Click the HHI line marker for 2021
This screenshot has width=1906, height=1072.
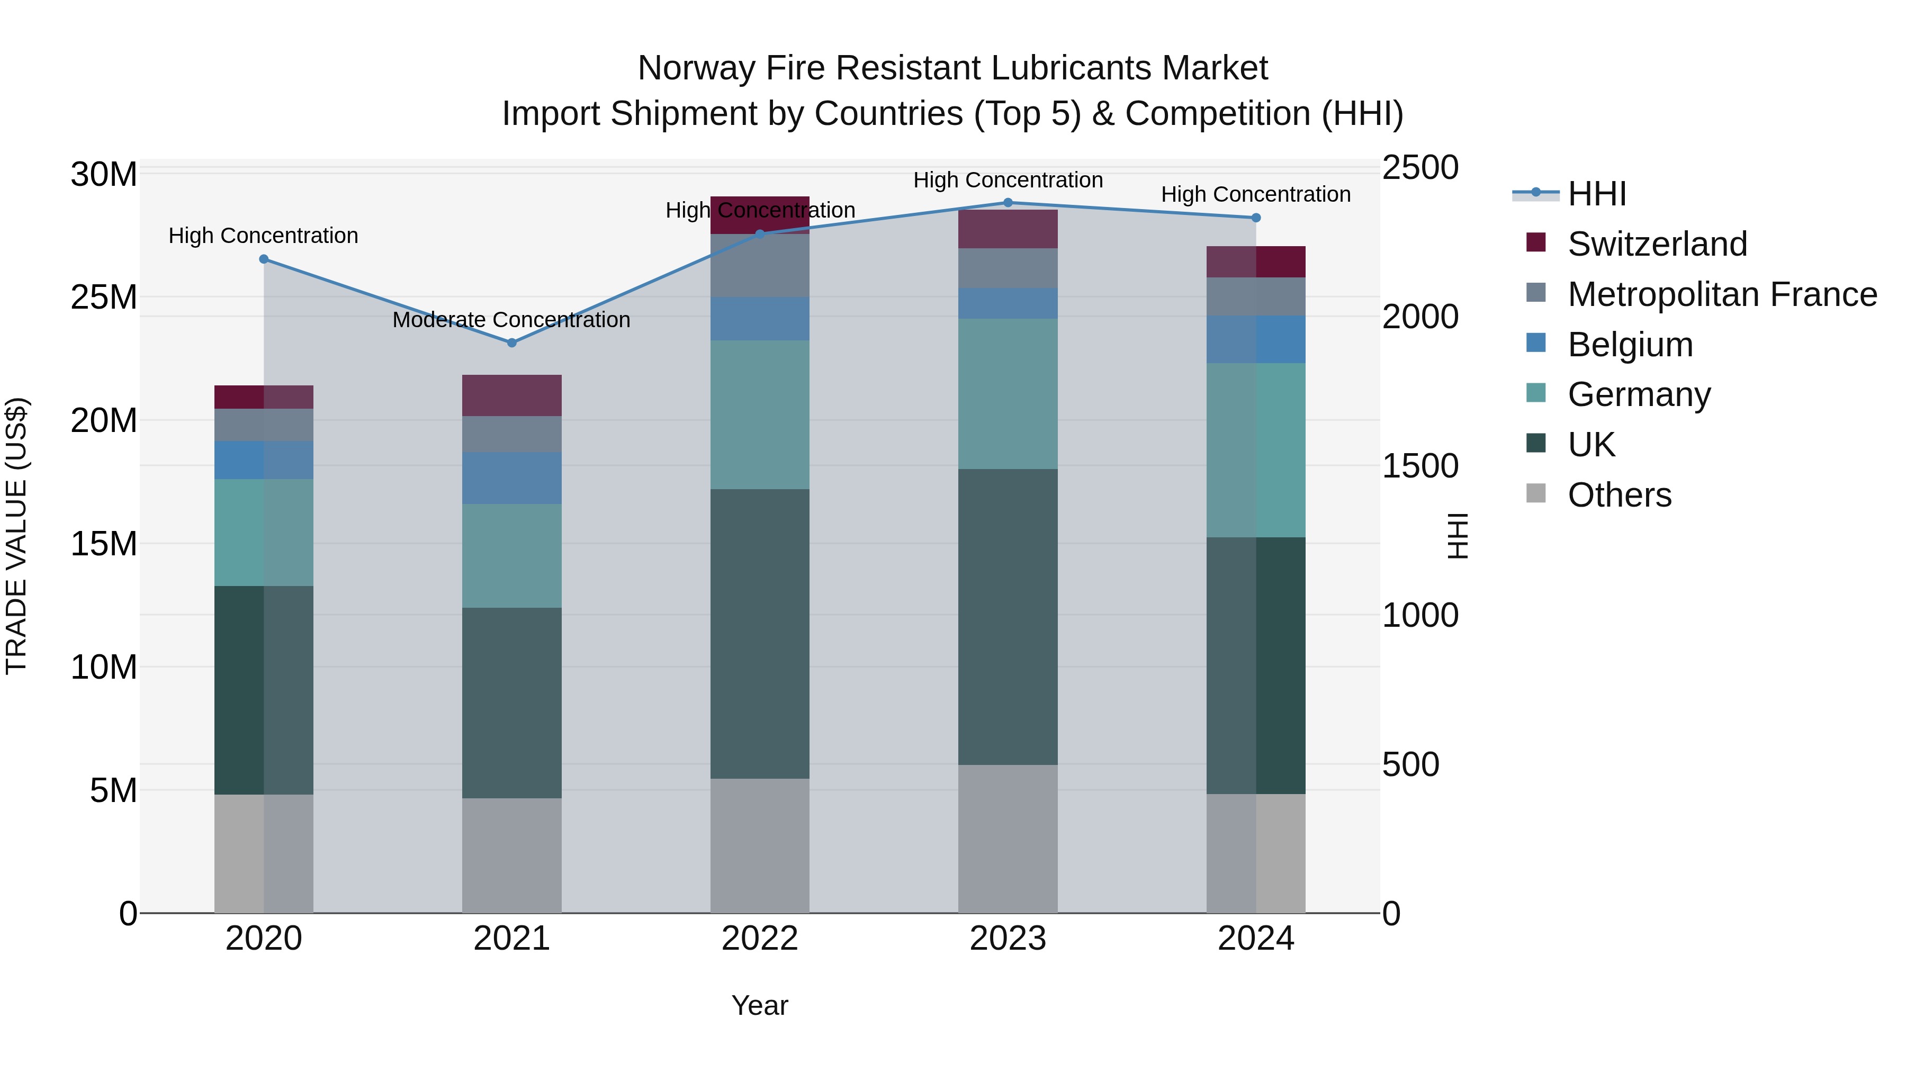coord(511,343)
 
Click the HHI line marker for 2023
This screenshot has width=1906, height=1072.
coord(1008,203)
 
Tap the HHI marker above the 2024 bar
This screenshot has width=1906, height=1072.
coord(1256,218)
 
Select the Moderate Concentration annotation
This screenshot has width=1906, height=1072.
coord(511,320)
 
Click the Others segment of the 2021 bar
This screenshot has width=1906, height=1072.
coord(511,855)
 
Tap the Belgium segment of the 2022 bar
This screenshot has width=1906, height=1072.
coord(760,319)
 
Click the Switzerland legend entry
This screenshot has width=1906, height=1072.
coord(1657,244)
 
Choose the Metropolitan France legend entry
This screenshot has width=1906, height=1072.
coord(1722,294)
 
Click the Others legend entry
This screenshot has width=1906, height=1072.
coord(1619,495)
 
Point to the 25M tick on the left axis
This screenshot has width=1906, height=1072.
coord(104,298)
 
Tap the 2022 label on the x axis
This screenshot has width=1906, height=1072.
coord(760,939)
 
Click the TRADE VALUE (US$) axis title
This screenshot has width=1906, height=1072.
coord(16,536)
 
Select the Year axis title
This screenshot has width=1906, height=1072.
coord(760,1005)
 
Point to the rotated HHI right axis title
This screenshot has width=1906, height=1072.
coord(1458,536)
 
